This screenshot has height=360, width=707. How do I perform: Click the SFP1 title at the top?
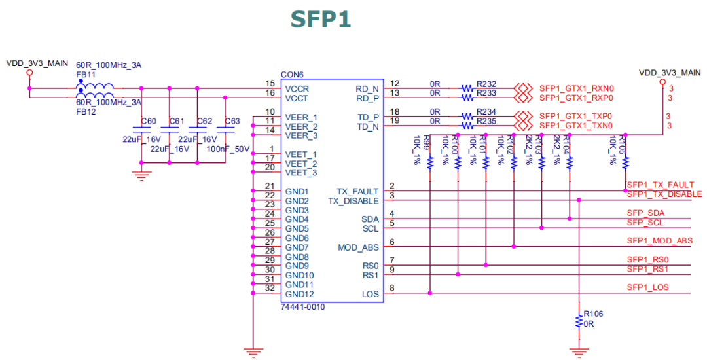pos(321,19)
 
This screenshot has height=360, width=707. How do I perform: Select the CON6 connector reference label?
pos(291,75)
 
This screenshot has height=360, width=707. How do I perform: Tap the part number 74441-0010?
pos(302,306)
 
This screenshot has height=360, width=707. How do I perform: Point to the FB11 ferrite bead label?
pos(85,75)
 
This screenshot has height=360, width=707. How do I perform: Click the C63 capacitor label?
pos(232,121)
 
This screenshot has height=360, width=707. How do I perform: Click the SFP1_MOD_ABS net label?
pos(659,241)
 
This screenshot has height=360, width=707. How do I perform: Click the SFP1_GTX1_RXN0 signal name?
pos(576,88)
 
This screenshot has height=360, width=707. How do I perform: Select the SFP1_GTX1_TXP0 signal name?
pos(576,116)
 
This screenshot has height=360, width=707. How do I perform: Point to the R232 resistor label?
pos(486,84)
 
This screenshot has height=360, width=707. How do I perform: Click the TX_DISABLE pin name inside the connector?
pos(353,201)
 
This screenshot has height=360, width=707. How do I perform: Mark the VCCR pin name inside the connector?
pos(297,88)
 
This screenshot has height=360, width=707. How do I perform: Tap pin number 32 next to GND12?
pos(269,289)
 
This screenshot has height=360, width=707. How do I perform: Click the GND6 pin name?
pos(297,238)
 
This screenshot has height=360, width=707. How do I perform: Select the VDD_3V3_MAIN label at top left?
pos(37,63)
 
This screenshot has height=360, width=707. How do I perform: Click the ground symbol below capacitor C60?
pos(141,174)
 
